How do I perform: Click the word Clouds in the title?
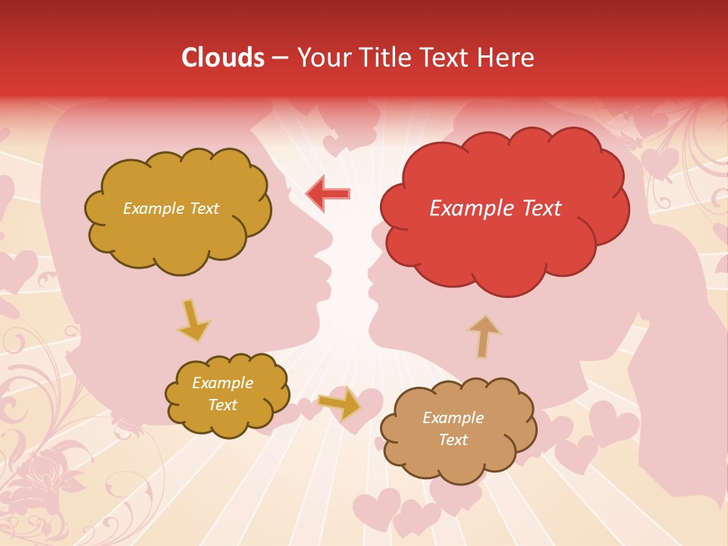click(222, 58)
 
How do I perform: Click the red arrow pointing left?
click(328, 193)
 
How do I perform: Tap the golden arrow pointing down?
click(193, 321)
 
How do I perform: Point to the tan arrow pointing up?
click(484, 336)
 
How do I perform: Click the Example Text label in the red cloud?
click(495, 209)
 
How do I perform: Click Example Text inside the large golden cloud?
click(171, 209)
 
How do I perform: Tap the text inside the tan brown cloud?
click(453, 428)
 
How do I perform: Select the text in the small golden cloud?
click(222, 394)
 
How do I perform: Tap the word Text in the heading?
click(446, 58)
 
